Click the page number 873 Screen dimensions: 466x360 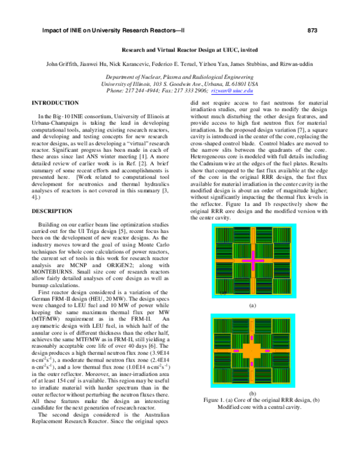point(312,30)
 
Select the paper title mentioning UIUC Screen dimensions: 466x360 point(180,52)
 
